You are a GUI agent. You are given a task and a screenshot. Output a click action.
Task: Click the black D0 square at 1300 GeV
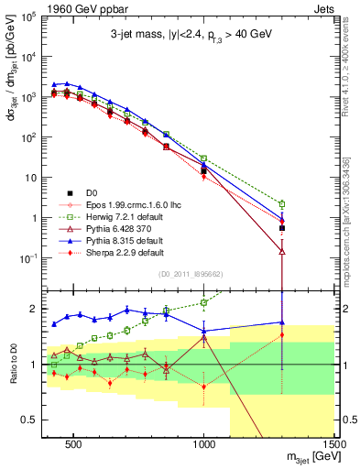click(x=282, y=228)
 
